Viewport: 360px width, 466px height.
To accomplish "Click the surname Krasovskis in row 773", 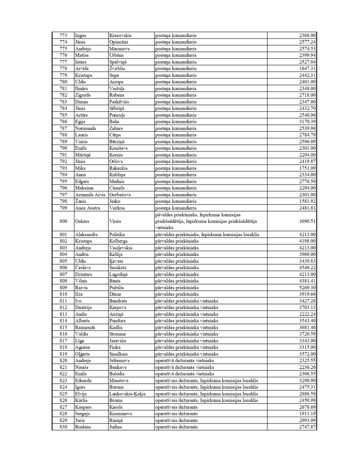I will pyautogui.click(x=120, y=35).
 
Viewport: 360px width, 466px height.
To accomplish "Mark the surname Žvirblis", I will pyautogui.click(x=119, y=68).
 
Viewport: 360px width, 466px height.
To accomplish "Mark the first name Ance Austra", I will pyautogui.click(x=87, y=208).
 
